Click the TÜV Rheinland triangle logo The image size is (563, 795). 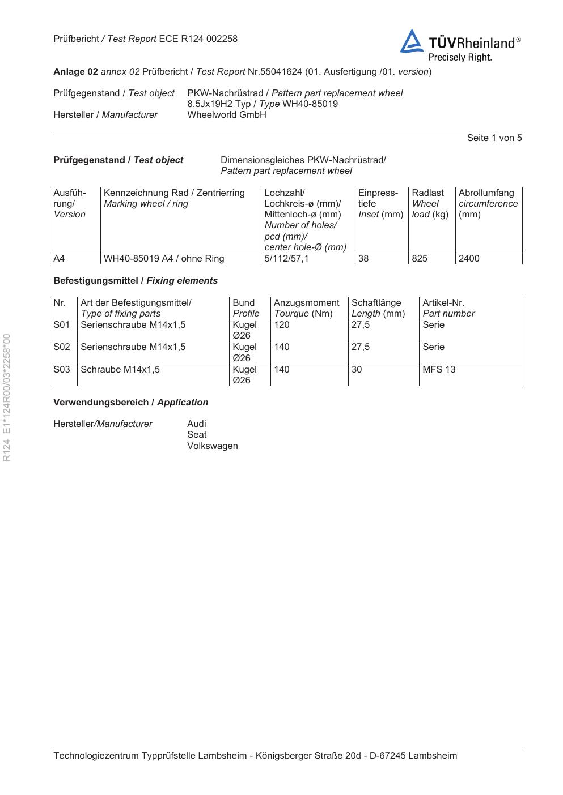tap(412, 42)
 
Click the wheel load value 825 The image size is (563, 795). tap(420, 259)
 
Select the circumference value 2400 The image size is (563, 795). tap(469, 259)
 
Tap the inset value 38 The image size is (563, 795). tap(363, 259)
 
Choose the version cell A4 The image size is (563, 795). tap(59, 259)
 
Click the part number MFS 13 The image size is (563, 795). tap(439, 370)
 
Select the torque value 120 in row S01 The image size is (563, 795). tap(282, 325)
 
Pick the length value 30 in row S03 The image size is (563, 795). tap(357, 370)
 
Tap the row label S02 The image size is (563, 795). tap(62, 347)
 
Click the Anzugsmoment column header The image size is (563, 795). tap(307, 303)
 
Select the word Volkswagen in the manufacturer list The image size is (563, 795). tap(213, 446)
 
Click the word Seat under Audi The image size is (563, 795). tap(197, 435)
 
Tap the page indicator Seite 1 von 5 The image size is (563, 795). tap(494, 138)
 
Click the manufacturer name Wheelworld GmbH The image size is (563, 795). tap(227, 115)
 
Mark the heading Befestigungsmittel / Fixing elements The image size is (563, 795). tap(136, 281)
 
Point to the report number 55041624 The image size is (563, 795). tap(281, 72)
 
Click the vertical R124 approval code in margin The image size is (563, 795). tap(7, 397)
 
